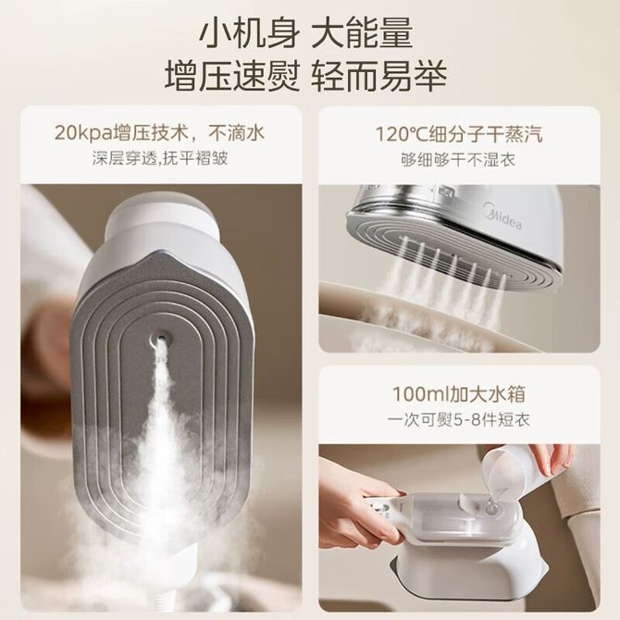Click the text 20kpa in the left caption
pyautogui.click(x=82, y=133)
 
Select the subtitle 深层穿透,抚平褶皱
pyautogui.click(x=160, y=158)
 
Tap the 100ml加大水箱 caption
pyautogui.click(x=459, y=393)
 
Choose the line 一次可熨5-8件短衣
pyautogui.click(x=459, y=419)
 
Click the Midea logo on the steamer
pyautogui.click(x=503, y=218)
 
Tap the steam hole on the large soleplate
pyautogui.click(x=160, y=336)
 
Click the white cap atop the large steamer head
pyautogui.click(x=162, y=217)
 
